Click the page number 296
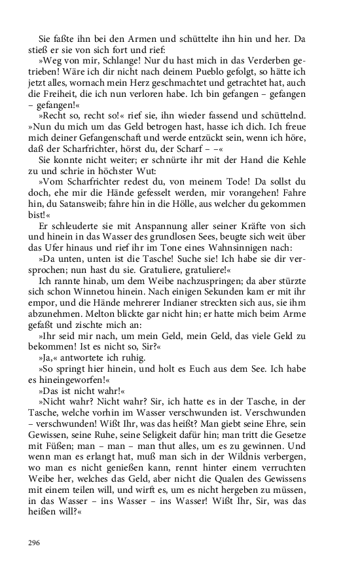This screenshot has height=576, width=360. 34,542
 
